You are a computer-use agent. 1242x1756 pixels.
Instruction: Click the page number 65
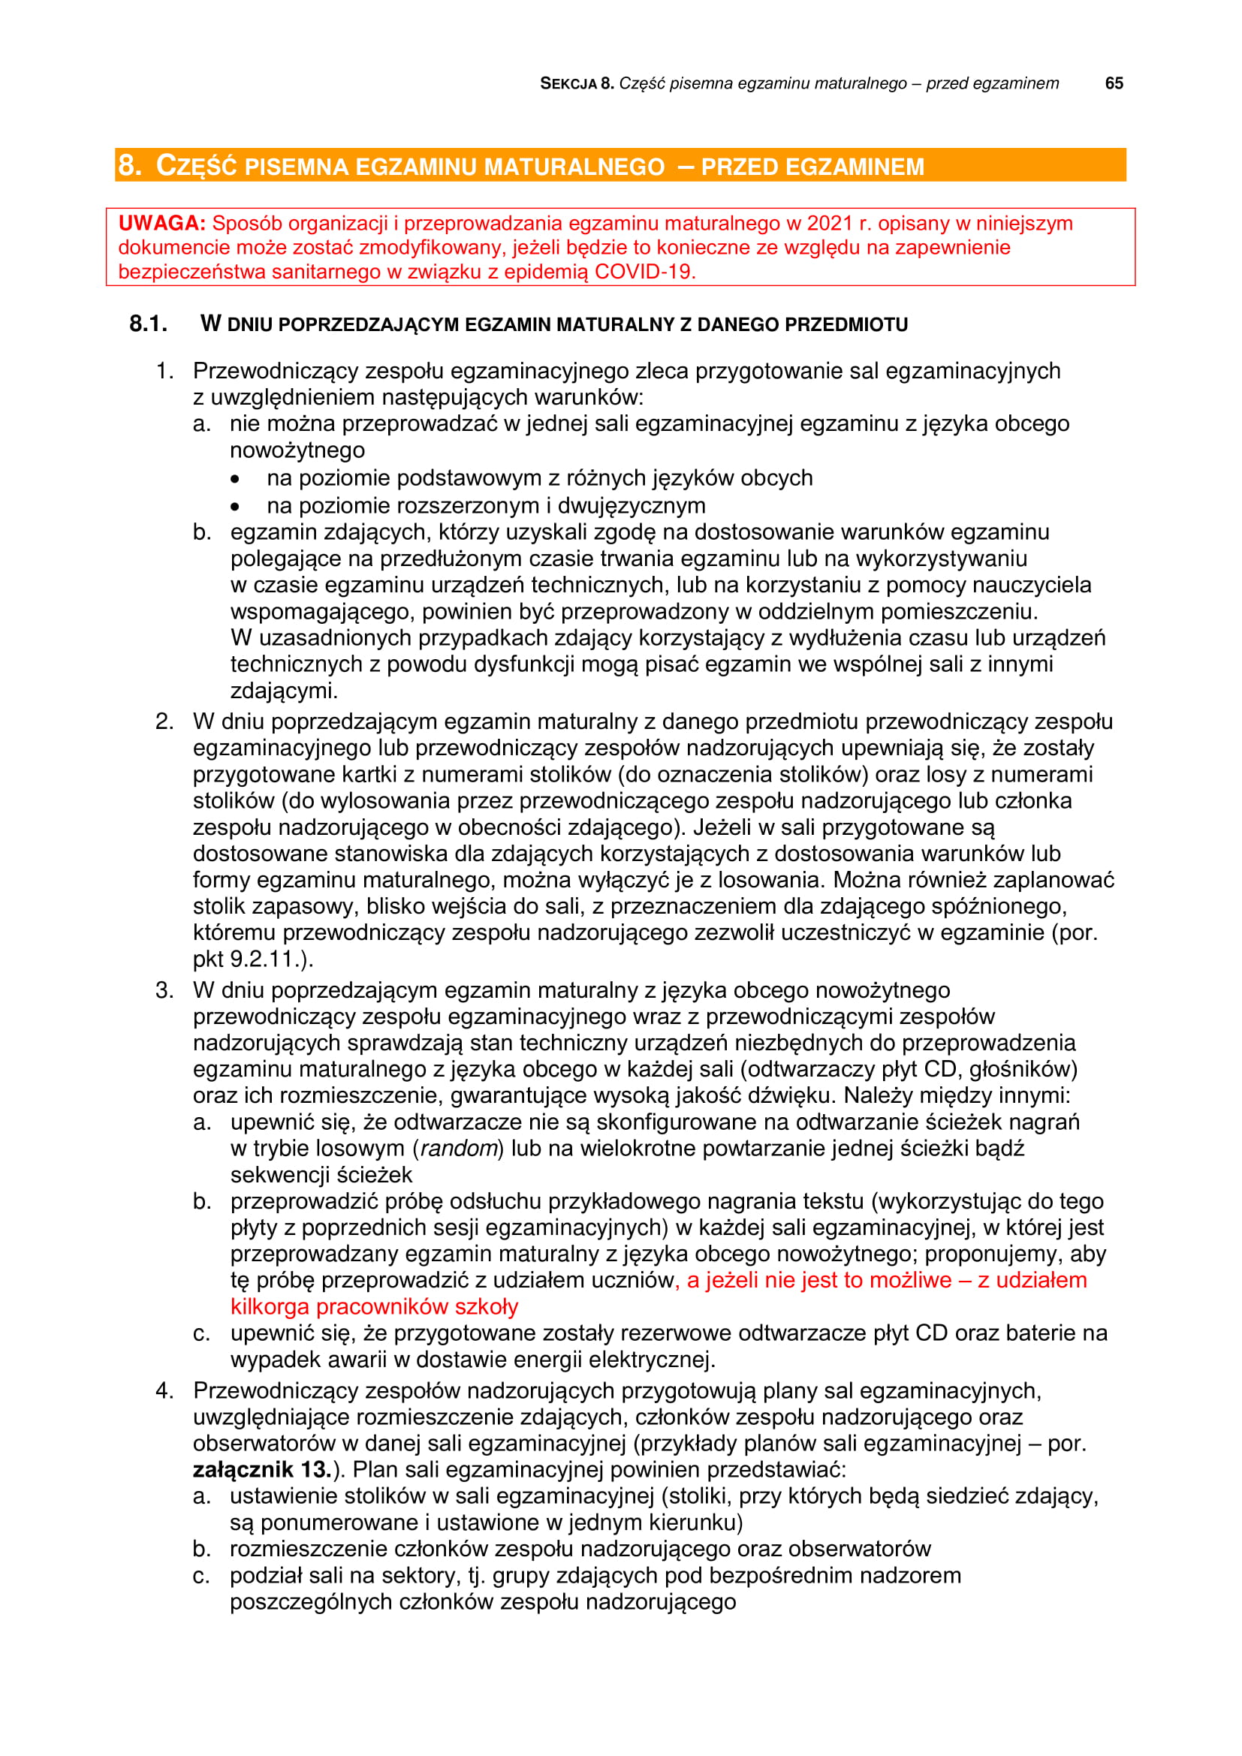click(x=1114, y=83)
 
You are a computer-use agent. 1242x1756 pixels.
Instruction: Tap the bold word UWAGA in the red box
click(x=161, y=223)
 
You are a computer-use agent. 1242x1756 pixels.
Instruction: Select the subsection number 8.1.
click(x=149, y=324)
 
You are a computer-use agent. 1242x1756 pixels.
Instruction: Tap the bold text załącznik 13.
click(x=262, y=1469)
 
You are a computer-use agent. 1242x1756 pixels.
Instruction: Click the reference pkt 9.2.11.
click(x=252, y=958)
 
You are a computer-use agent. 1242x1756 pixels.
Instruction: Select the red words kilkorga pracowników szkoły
click(x=374, y=1306)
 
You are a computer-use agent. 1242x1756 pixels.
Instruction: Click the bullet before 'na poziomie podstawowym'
click(x=235, y=479)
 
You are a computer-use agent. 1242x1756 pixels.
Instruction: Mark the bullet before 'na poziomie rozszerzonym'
click(x=235, y=506)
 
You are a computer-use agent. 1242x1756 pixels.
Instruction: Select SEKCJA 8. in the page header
click(x=577, y=83)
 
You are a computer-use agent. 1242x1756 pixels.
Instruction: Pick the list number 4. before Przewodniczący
click(x=164, y=1390)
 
